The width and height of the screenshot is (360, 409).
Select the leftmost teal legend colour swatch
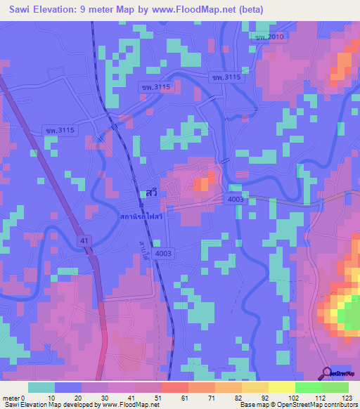(41, 387)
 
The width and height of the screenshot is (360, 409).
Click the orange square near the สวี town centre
(202, 184)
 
